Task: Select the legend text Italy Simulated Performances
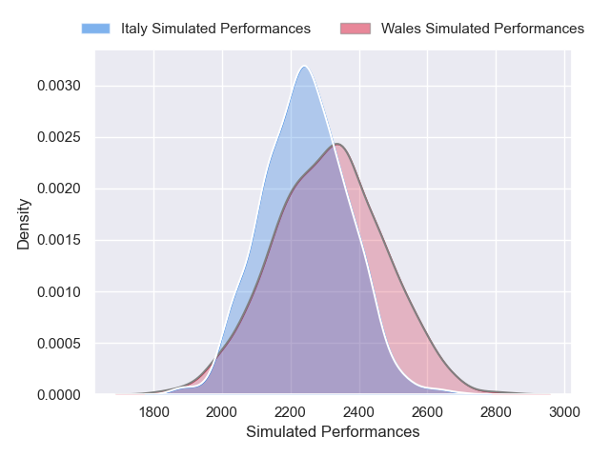[x=215, y=29]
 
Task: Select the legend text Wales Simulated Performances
[x=482, y=29]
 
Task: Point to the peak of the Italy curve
[x=304, y=67]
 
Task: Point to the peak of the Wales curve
[x=336, y=144]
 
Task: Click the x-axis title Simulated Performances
[x=333, y=432]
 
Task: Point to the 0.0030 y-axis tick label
[x=59, y=86]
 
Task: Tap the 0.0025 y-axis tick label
[x=59, y=137]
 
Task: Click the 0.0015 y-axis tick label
[x=59, y=240]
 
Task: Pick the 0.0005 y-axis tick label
[x=59, y=343]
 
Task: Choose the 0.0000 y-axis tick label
[x=59, y=394]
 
